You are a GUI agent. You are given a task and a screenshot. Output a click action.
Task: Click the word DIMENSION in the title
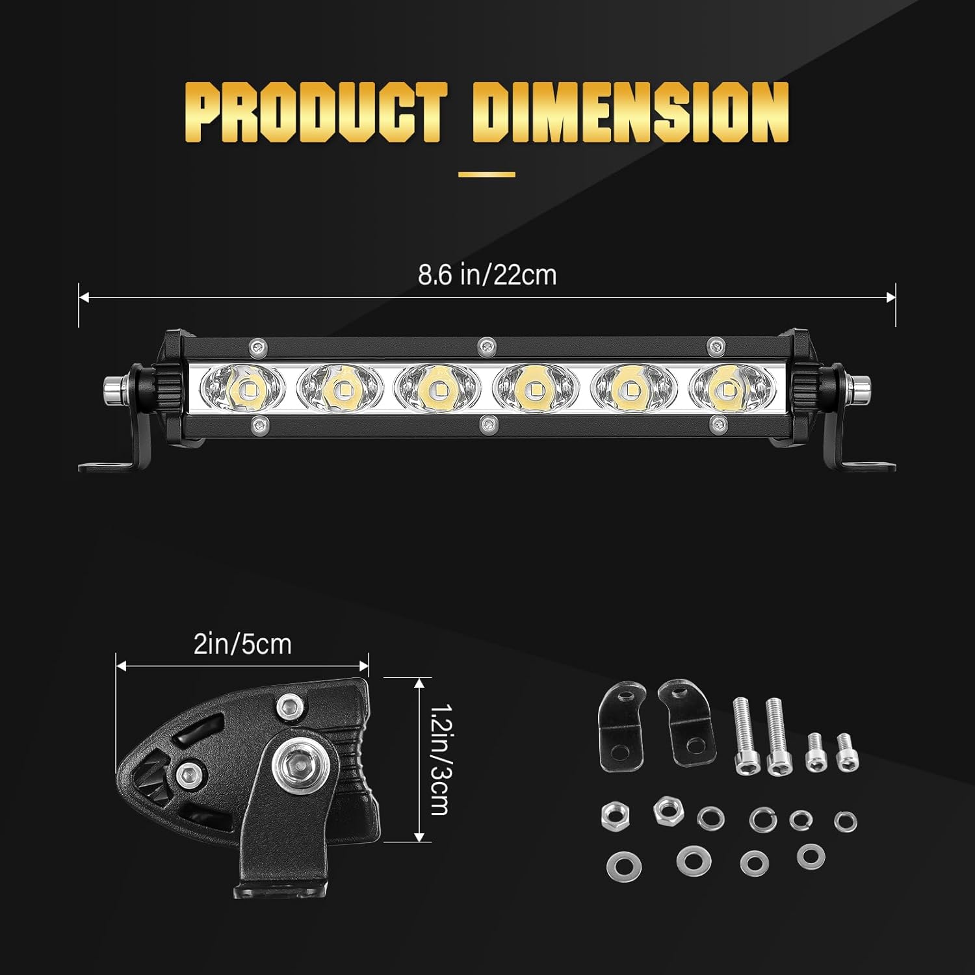tap(630, 112)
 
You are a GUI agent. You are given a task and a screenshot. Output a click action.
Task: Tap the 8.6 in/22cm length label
tap(487, 275)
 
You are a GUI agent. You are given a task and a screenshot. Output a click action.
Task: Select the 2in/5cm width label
tap(242, 644)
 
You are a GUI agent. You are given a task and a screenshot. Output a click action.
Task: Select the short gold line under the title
tap(487, 174)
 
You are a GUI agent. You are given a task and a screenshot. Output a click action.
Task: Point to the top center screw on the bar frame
tap(485, 346)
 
